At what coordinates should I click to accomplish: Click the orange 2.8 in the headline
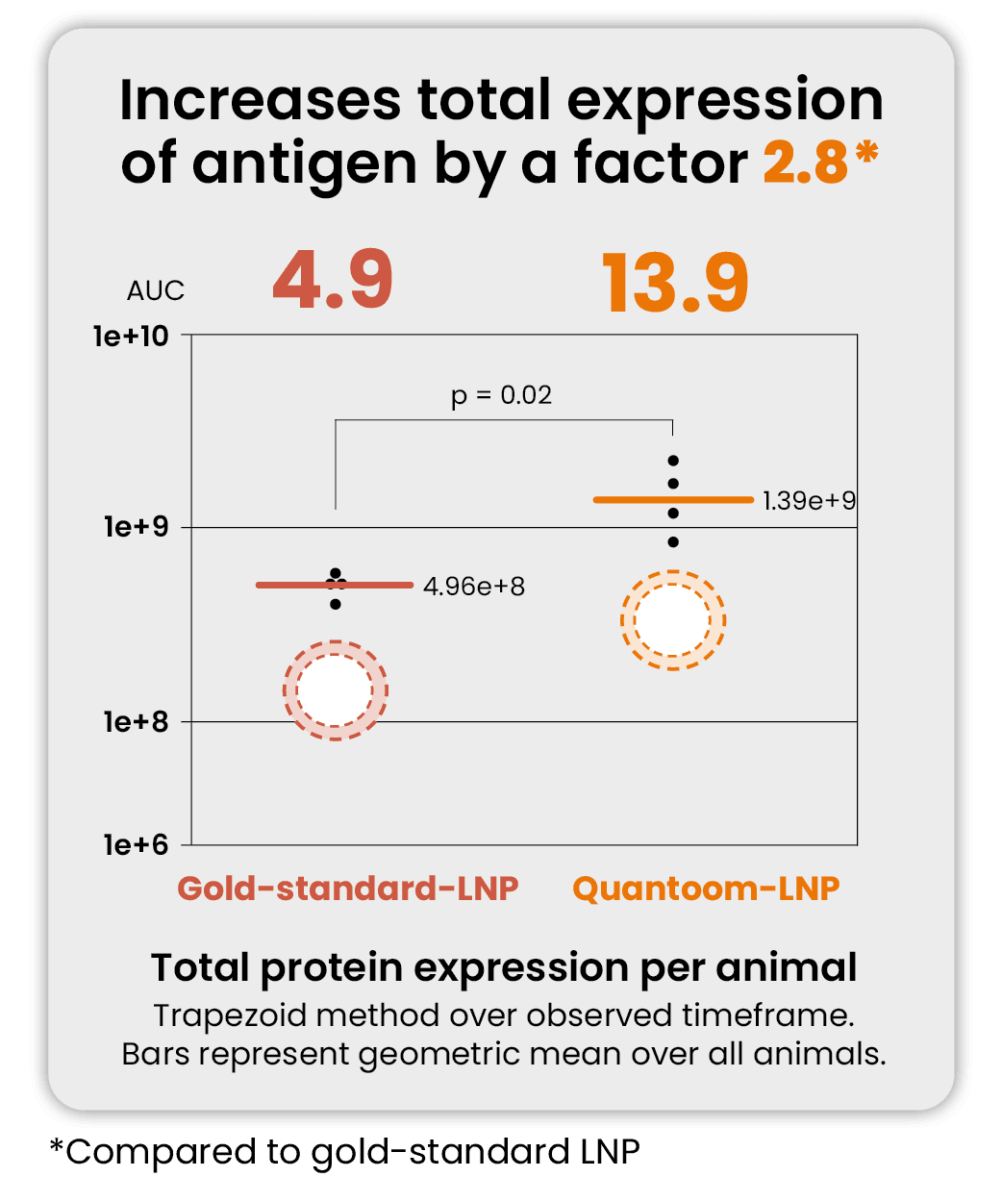coord(806,163)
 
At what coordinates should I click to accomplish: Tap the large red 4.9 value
coord(333,282)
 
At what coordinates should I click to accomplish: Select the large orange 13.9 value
coord(675,284)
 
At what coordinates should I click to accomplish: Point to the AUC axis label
coord(155,290)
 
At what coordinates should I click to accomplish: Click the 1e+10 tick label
coord(131,337)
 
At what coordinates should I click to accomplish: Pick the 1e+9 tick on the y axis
coord(136,527)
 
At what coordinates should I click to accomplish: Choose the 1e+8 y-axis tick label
coord(136,721)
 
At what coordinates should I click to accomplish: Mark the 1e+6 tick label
coord(136,844)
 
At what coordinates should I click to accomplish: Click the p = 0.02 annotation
coord(501,395)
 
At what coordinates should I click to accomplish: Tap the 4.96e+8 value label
coord(474,586)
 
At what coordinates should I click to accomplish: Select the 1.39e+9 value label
coord(809,500)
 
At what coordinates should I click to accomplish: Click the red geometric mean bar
coord(288,585)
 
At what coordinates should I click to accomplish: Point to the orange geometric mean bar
coord(635,499)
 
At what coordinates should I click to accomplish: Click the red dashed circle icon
coord(335,690)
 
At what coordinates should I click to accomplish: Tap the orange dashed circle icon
coord(673,620)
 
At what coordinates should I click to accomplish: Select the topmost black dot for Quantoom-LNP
coord(673,461)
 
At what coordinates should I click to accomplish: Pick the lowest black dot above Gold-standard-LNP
coord(336,604)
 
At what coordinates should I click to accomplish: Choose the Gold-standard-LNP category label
coord(347,888)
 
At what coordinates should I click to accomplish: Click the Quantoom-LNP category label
coord(706,888)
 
